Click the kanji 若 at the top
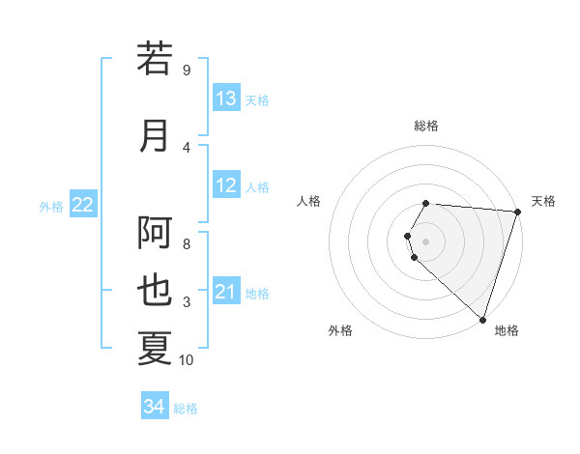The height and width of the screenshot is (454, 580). [155, 59]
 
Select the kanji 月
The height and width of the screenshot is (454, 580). [155, 136]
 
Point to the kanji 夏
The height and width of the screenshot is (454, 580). [155, 349]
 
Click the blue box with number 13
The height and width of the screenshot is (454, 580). [226, 99]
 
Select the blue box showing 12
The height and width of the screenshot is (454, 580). [226, 186]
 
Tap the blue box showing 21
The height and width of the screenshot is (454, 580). [226, 293]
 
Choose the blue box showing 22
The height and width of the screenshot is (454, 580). [83, 205]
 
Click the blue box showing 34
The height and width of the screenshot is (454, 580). [154, 408]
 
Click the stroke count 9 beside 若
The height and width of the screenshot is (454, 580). [187, 71]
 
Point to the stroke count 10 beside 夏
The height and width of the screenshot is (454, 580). [187, 360]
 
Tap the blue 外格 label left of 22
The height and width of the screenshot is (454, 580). [51, 206]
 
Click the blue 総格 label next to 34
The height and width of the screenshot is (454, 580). [186, 409]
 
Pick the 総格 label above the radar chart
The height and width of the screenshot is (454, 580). [426, 126]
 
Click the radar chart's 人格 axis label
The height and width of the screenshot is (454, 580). [309, 201]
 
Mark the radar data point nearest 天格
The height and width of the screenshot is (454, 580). [517, 212]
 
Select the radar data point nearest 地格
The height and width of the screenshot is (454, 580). [482, 319]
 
